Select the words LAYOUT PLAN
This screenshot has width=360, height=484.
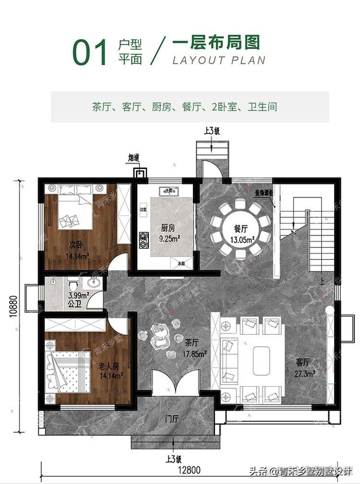tap(218, 60)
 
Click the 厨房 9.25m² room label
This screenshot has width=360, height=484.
tap(163, 233)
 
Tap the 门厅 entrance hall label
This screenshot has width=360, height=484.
tap(171, 419)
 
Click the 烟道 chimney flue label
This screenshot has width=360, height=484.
tap(134, 157)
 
